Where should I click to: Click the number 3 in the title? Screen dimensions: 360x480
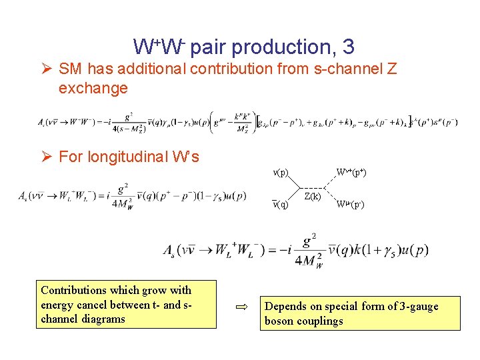point(347,47)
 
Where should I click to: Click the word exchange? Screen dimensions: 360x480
point(93,88)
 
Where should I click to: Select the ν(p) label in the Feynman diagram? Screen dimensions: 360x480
point(281,172)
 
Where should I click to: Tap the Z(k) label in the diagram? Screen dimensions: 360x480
point(313,197)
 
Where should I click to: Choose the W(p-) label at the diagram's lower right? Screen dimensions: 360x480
point(349,204)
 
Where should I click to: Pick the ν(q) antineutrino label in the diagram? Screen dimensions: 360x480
point(281,204)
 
